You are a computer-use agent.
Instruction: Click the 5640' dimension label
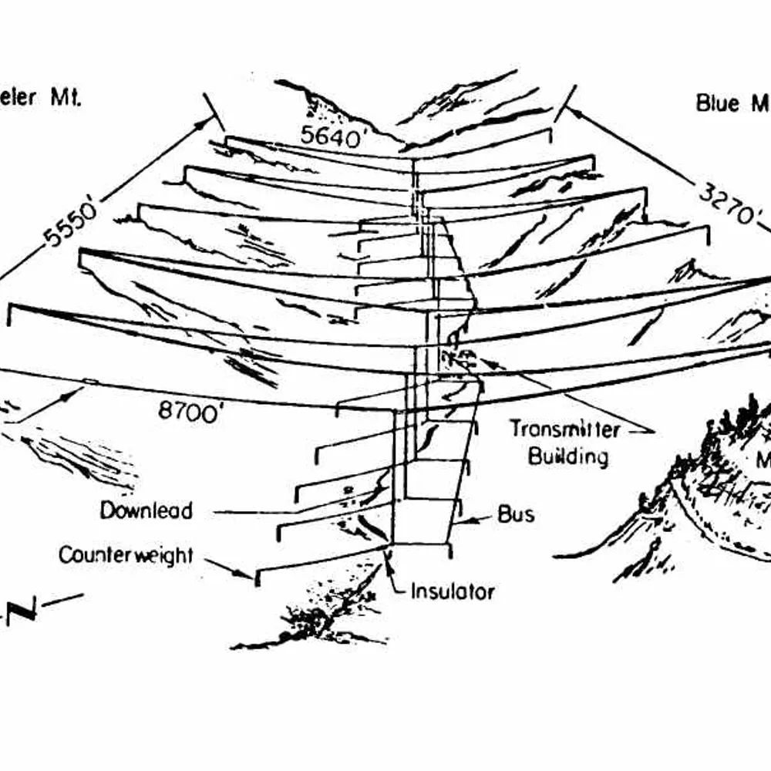(x=331, y=137)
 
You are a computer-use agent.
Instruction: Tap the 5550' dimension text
(x=72, y=224)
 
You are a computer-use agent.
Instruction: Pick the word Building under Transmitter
(x=567, y=456)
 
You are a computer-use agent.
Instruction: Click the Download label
(x=146, y=510)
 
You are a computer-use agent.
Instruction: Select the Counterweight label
(x=126, y=555)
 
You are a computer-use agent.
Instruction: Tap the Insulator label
(x=452, y=591)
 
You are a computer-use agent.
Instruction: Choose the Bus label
(x=516, y=514)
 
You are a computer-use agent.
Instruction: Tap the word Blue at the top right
(x=718, y=103)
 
